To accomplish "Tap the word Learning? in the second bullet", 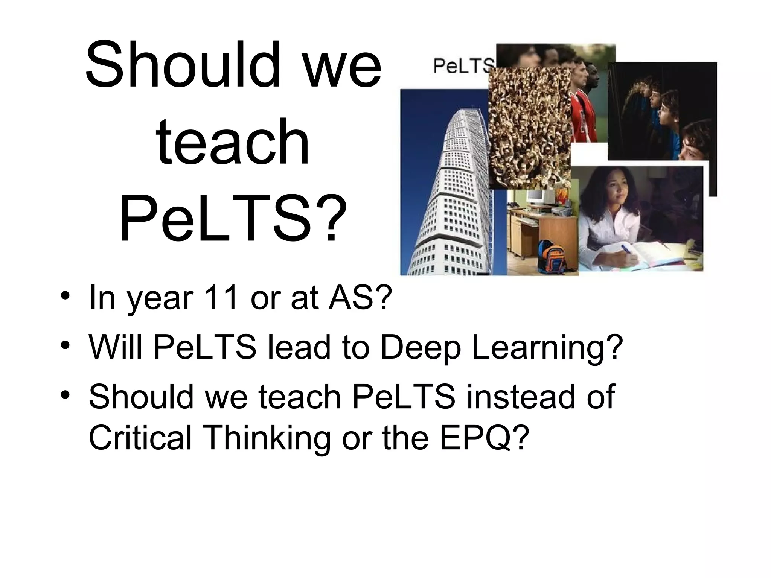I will tap(545, 348).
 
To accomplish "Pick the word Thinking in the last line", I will tap(268, 438).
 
